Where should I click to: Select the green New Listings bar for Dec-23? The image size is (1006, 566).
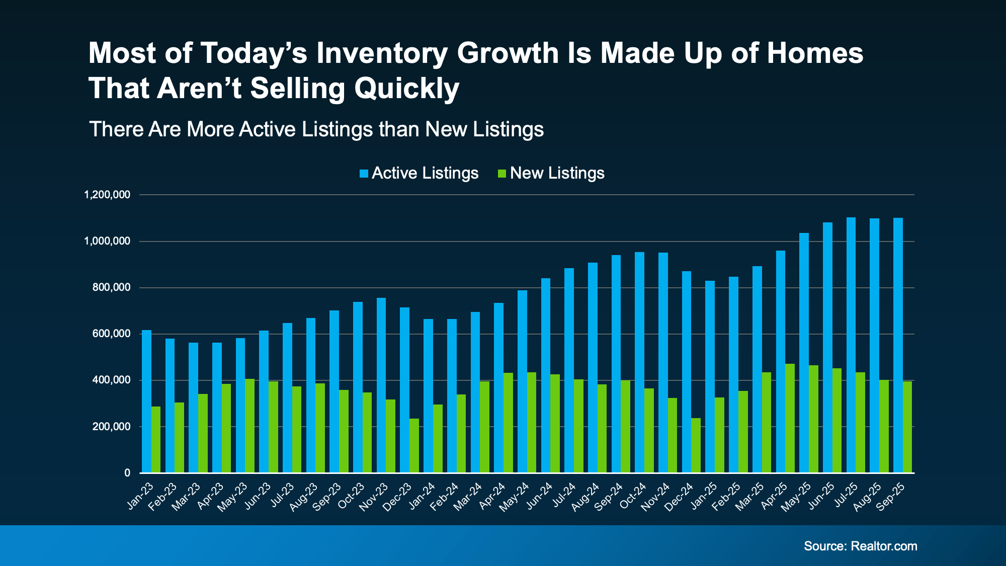[x=414, y=446]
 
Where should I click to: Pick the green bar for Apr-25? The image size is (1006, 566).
[x=790, y=418]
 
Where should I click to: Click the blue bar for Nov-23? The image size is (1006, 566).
[x=381, y=385]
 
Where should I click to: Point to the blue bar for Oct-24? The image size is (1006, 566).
[x=639, y=362]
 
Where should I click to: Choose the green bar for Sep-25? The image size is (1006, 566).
[x=907, y=427]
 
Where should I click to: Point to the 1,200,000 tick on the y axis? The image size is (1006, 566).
[x=107, y=195]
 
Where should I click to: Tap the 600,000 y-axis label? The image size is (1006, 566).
[x=111, y=334]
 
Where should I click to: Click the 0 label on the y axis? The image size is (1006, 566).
[x=127, y=473]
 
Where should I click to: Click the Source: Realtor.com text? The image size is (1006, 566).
[x=860, y=546]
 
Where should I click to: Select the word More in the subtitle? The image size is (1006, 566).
[x=210, y=129]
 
